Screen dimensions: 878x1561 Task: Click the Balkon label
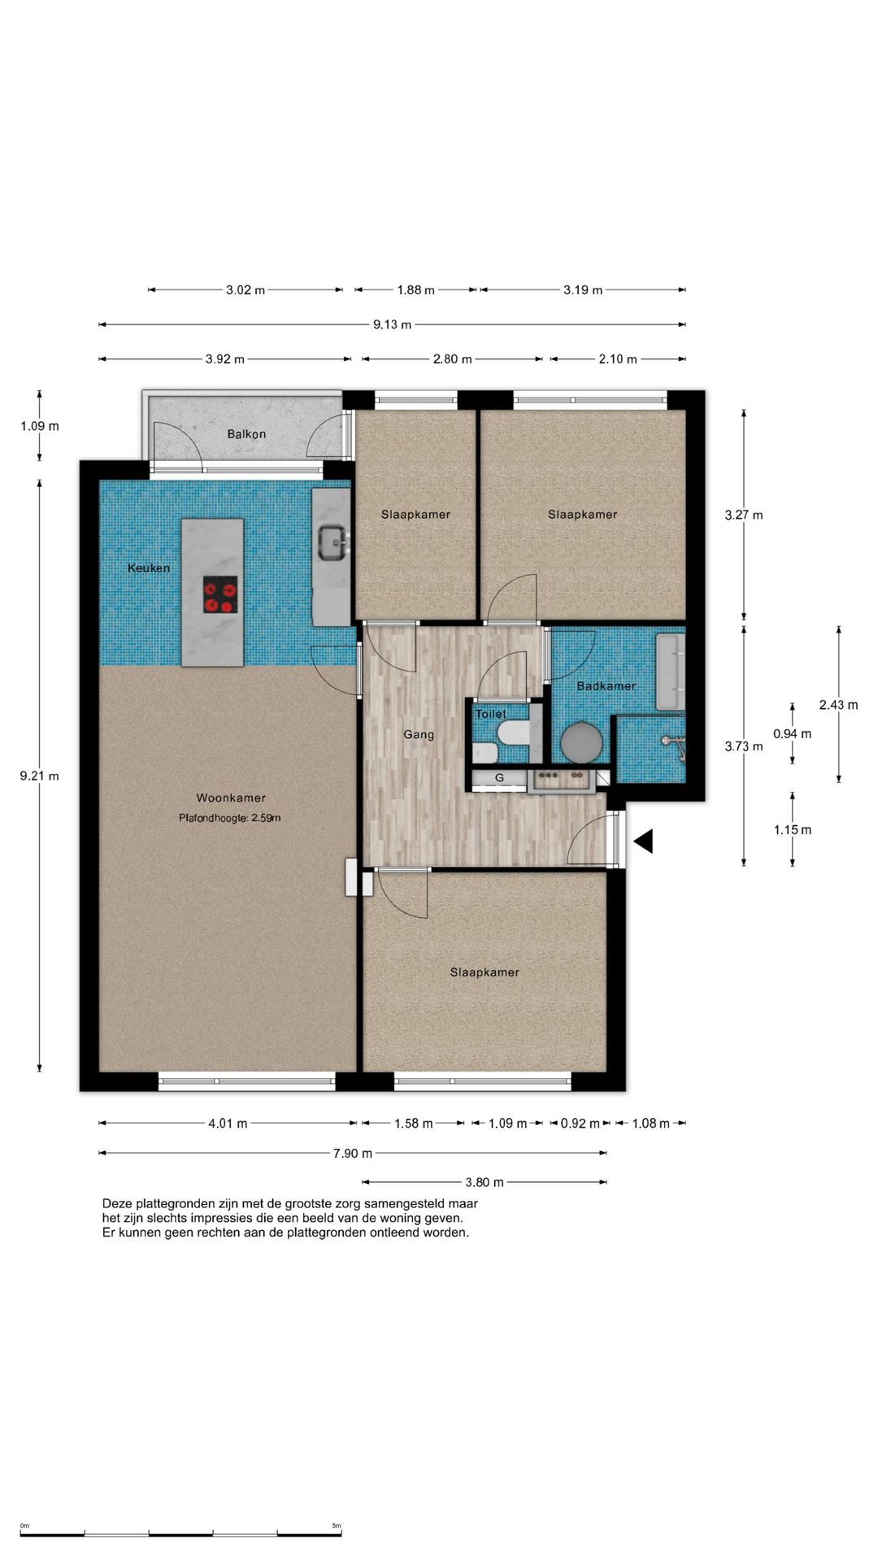(246, 434)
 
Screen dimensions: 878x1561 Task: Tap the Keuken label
(149, 568)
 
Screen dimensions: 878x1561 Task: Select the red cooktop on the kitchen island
(220, 595)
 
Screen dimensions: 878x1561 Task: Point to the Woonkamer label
(231, 798)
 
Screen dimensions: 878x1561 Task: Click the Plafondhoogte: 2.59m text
(230, 818)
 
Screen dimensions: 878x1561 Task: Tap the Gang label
(419, 735)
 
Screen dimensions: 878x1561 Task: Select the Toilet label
(490, 715)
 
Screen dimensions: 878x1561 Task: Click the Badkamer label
(606, 686)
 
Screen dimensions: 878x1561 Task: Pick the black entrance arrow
(643, 841)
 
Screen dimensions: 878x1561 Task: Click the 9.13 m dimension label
(393, 325)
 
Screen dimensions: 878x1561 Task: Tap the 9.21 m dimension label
(40, 776)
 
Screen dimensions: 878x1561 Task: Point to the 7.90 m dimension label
(353, 1154)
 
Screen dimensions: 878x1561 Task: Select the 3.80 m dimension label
(485, 1183)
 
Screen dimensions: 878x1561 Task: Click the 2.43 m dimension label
(838, 706)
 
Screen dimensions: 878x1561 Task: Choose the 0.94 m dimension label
(792, 734)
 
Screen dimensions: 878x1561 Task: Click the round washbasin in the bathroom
(582, 742)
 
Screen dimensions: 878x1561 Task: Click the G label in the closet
(499, 778)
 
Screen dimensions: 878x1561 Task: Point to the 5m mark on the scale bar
(337, 1526)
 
